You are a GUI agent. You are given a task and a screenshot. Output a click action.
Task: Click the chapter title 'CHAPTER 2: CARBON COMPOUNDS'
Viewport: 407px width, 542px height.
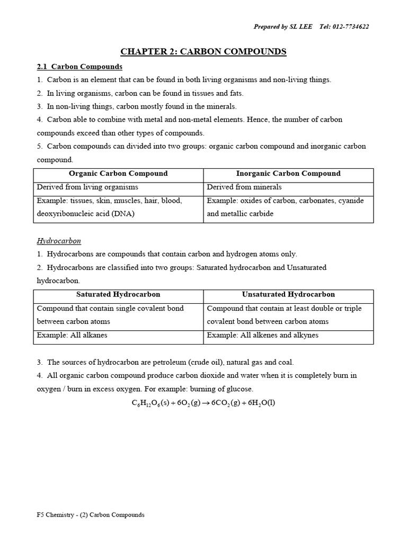[203, 51]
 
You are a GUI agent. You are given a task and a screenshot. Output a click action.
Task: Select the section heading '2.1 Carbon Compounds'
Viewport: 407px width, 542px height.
[79, 67]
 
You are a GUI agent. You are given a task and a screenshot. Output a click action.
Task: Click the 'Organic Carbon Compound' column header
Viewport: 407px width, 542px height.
[118, 174]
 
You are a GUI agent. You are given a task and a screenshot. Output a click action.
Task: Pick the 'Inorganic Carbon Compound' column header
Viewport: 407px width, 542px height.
[288, 174]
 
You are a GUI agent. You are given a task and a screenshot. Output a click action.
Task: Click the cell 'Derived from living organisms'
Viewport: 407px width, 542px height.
[87, 187]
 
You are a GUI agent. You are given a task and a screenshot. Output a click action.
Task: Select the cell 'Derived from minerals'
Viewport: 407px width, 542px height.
[244, 187]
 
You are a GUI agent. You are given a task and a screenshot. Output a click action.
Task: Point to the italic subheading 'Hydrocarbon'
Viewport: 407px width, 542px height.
[59, 241]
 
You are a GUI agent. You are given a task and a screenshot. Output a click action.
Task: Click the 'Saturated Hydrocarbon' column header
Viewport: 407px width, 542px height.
[118, 295]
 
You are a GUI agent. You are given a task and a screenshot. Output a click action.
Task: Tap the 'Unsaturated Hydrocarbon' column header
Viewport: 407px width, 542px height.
[288, 295]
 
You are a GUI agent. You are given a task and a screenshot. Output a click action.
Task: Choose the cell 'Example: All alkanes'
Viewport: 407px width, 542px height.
[72, 336]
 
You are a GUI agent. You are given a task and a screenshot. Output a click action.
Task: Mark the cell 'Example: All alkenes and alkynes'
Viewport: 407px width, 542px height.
[262, 336]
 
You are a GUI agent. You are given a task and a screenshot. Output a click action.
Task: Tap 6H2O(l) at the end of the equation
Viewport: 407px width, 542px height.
[262, 403]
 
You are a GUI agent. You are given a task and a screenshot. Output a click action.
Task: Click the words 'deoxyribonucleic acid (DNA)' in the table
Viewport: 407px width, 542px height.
[85, 214]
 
